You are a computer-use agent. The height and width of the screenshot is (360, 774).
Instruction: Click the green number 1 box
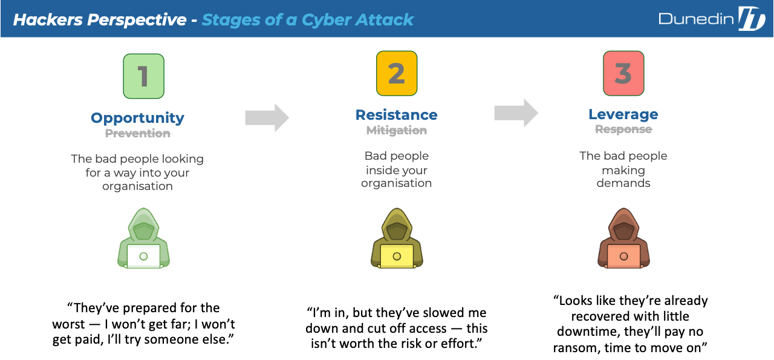pos(143,76)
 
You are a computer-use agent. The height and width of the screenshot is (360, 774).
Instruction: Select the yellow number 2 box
pos(397,73)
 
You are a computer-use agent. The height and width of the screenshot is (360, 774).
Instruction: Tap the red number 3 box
pos(623,73)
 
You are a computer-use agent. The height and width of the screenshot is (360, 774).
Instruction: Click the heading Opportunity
pos(137,118)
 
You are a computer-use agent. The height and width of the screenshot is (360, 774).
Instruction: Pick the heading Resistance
pos(397,115)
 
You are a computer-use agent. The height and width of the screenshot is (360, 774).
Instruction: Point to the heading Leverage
pos(623,114)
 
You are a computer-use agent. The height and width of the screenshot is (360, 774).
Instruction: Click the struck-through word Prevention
pos(137,134)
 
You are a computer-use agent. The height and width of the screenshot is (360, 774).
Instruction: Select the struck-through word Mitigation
pos(397,130)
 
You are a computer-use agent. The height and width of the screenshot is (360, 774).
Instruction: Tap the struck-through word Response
pos(623,129)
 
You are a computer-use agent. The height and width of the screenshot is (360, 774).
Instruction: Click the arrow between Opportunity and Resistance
pos(267,117)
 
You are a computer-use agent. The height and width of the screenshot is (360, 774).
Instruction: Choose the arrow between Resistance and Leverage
pos(516,113)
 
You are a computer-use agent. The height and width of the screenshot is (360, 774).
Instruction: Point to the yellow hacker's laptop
pos(397,256)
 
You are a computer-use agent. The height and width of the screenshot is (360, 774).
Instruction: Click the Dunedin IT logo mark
pos(752,19)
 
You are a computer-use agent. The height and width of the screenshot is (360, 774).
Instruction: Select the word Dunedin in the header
pos(695,19)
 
